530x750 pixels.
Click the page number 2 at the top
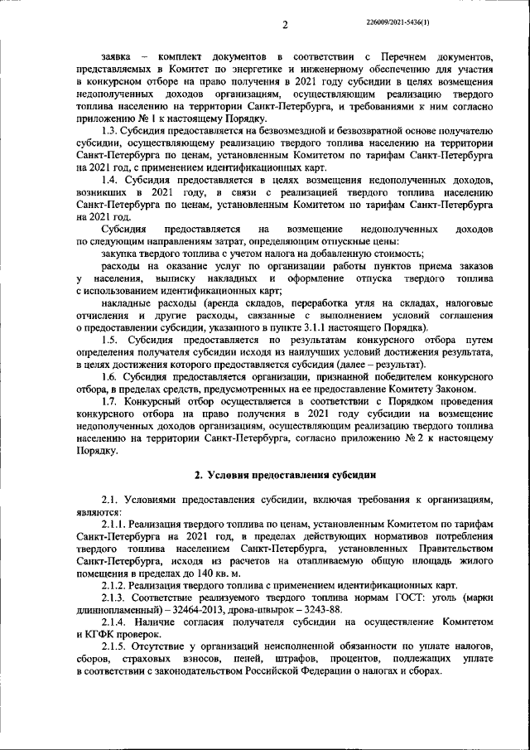(283, 24)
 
